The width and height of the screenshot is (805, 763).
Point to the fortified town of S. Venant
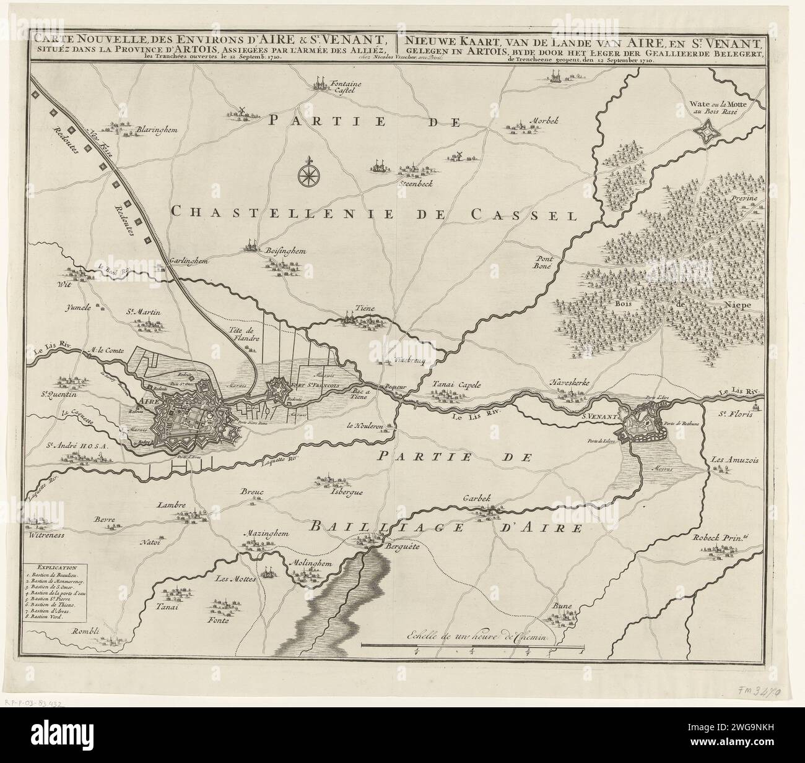(x=644, y=423)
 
